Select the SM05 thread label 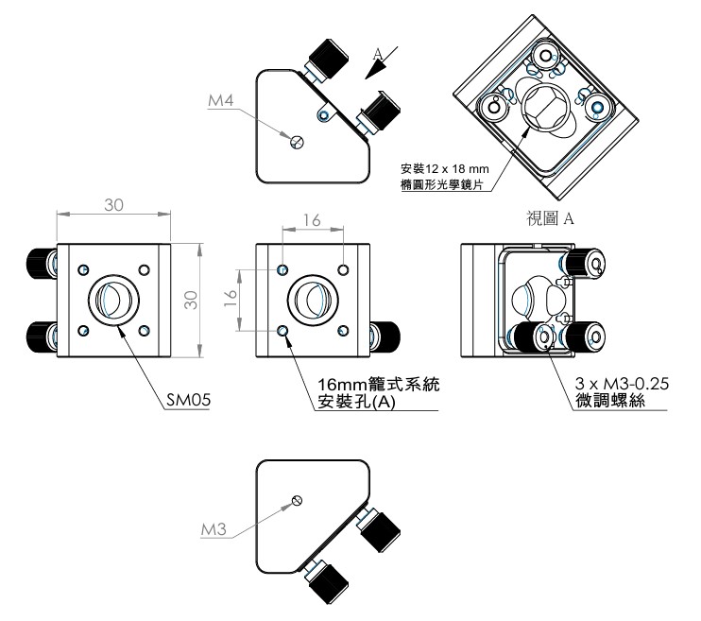185,400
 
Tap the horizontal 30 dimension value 113,205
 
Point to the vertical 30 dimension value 189,301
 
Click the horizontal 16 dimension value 312,219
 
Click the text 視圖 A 551,219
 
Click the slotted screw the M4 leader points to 297,142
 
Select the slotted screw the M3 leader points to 299,500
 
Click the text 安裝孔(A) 354,403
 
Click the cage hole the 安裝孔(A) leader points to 284,331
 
